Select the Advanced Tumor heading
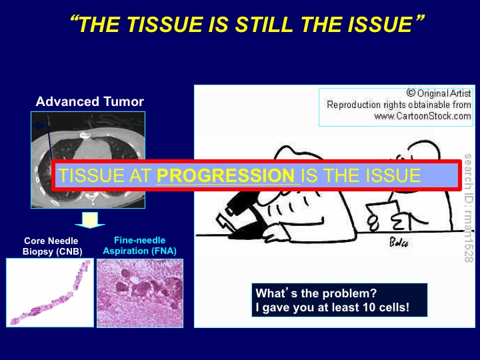[x=90, y=101]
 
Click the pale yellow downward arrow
[x=90, y=220]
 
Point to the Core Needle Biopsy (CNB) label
[x=52, y=246]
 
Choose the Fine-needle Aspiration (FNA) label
[x=139, y=245]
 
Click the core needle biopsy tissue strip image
[x=50, y=293]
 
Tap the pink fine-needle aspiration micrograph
[x=140, y=293]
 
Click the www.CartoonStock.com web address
[x=423, y=116]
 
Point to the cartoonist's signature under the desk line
[x=398, y=243]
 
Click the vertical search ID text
[x=468, y=208]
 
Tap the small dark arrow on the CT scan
[x=39, y=125]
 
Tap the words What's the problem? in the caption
[x=316, y=293]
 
